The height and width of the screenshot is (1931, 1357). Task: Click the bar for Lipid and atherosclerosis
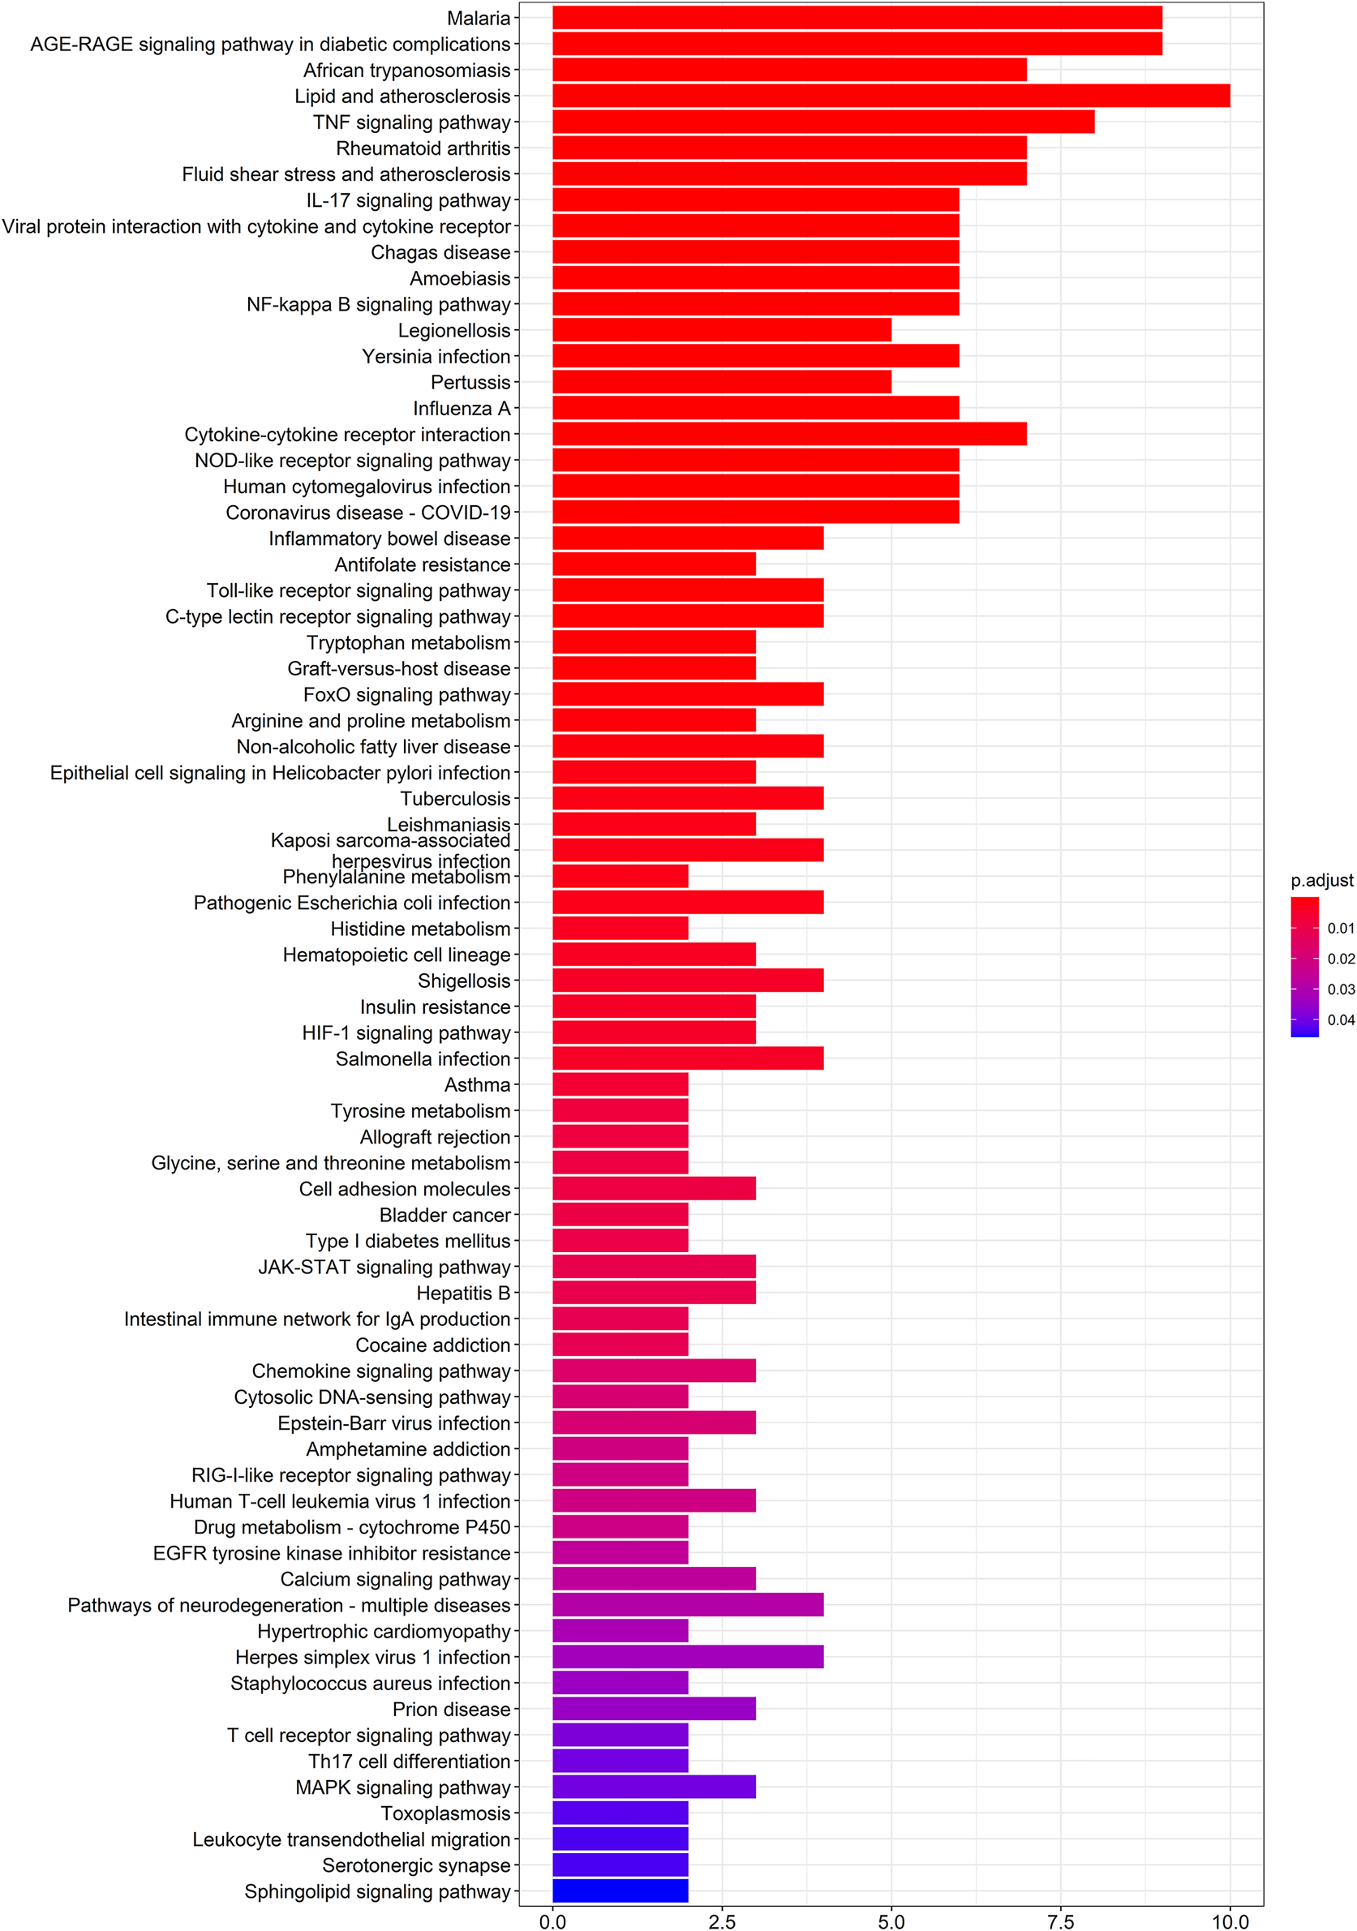890,96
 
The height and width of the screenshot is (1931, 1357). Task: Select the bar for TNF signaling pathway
822,122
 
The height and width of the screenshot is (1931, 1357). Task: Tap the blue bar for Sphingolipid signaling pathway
620,1890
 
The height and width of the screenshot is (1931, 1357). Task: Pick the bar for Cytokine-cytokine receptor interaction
789,434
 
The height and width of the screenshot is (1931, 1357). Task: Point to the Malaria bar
857,18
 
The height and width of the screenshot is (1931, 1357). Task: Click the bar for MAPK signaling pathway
654,1787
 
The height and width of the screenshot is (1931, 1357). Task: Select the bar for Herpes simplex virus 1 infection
687,1657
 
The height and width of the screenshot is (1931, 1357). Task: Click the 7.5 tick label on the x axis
1060,1920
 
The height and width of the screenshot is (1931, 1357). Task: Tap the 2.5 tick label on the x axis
722,1920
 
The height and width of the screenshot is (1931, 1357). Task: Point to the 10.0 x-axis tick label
1229,1920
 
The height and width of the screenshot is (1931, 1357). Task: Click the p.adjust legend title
1321,881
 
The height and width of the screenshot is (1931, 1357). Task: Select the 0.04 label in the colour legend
1340,1020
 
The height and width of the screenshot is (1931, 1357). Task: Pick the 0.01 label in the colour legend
1340,929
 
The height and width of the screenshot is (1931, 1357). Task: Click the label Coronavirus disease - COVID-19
367,513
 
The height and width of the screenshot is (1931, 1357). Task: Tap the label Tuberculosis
455,798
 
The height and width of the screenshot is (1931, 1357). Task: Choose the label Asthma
477,1085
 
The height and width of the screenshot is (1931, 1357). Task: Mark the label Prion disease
451,1709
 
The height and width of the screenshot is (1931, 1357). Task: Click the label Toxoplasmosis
445,1813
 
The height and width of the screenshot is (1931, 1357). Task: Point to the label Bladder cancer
444,1214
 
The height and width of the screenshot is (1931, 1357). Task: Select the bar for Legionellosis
721,330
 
